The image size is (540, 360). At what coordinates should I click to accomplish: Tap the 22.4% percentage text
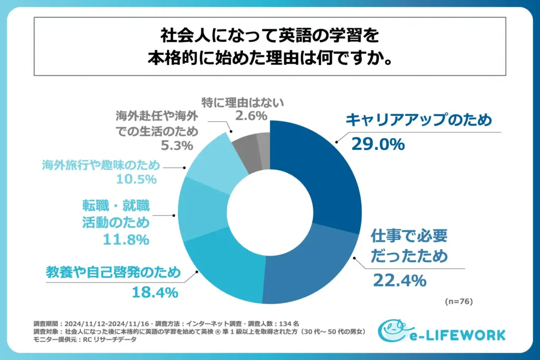tap(399, 280)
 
